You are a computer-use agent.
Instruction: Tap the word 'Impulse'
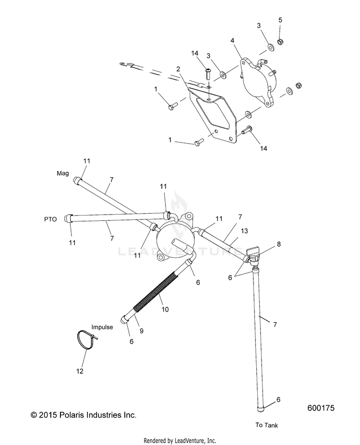point(103,327)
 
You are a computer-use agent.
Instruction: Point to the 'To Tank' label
point(266,425)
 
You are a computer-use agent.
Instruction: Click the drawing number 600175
point(321,409)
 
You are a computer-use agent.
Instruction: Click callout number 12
point(80,371)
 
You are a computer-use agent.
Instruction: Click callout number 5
point(280,20)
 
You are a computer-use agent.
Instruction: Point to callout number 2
point(178,69)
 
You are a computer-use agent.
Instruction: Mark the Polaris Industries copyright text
point(83,414)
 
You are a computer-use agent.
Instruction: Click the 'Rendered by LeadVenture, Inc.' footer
point(180,440)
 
